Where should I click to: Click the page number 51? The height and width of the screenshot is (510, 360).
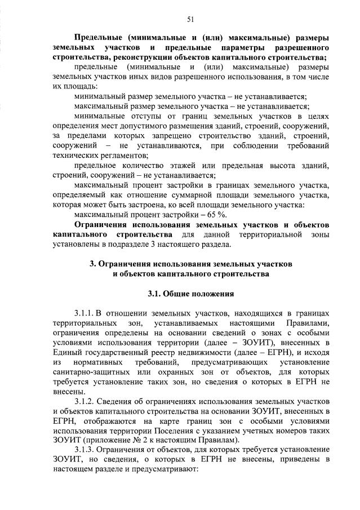pos(190,19)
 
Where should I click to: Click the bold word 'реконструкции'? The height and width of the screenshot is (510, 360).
pos(143,57)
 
